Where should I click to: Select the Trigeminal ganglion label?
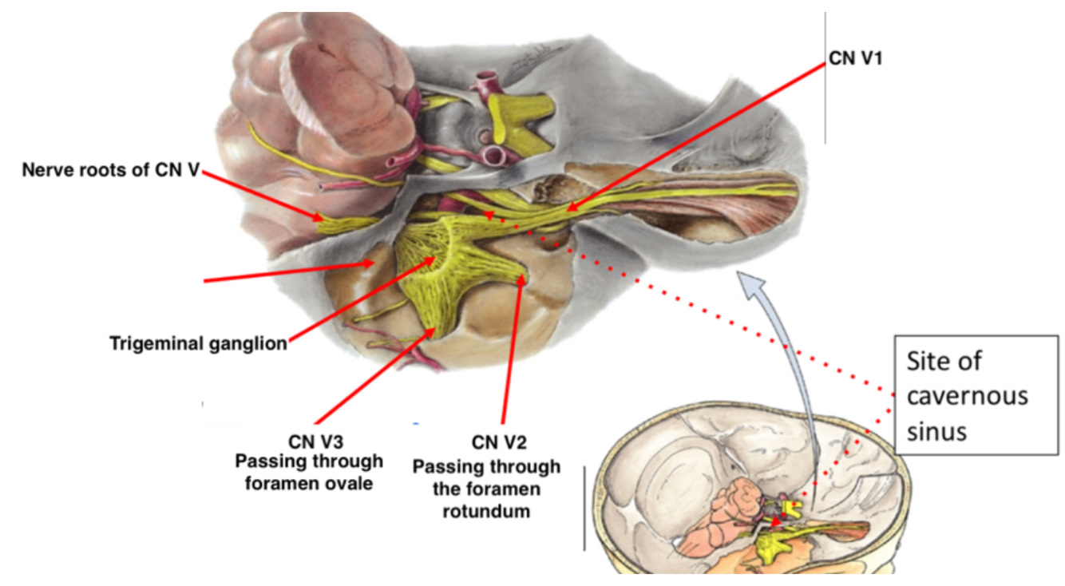197,345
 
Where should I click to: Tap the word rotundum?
486,511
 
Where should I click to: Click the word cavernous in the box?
967,396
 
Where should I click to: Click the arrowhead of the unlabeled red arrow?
369,260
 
